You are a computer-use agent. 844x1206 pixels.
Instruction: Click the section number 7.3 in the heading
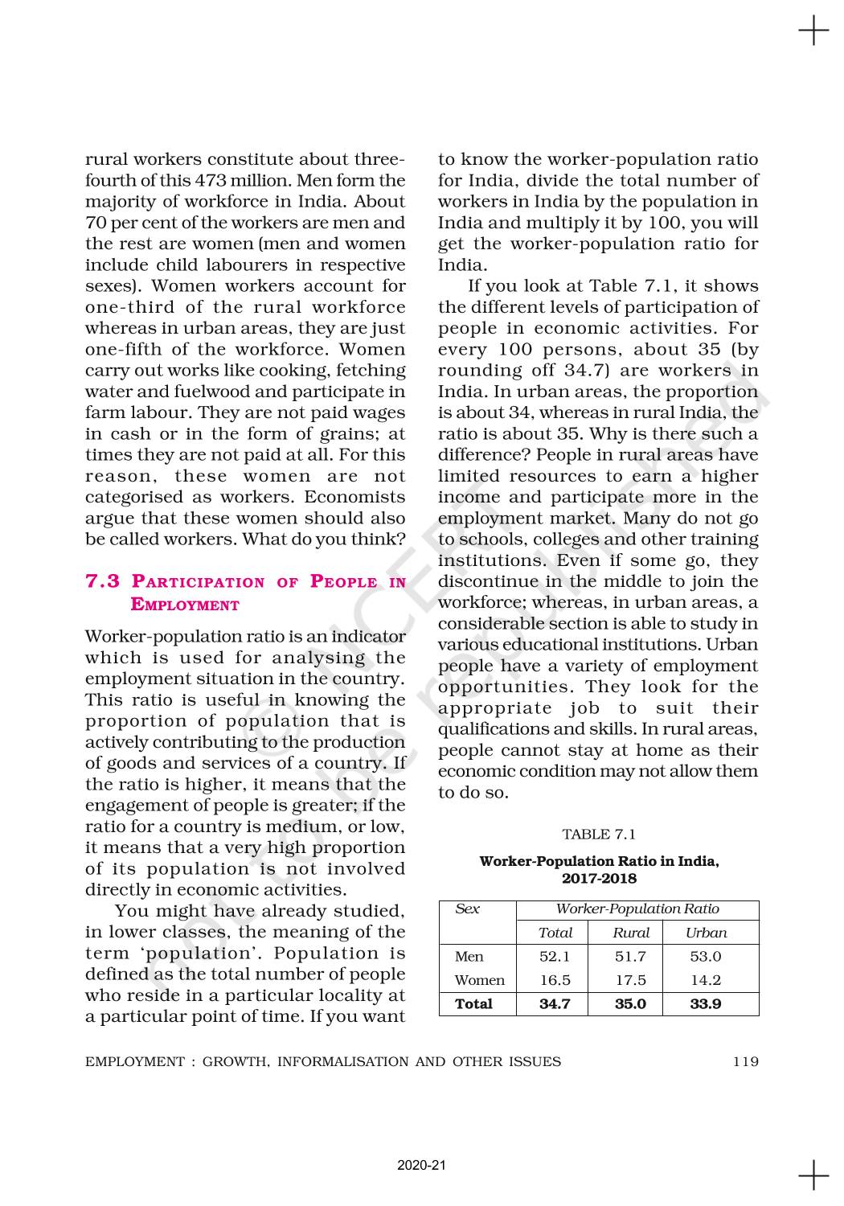pos(102,581)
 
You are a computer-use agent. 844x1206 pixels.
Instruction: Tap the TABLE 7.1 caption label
pos(599,834)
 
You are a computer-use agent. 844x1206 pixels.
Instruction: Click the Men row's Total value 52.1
pos(555,956)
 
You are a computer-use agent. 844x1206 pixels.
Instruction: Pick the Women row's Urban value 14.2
pos(706,980)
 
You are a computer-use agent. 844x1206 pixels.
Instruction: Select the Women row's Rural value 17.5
pos(630,980)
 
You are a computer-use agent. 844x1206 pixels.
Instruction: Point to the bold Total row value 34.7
pos(555,1003)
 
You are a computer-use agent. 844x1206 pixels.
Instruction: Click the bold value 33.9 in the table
pos(706,1003)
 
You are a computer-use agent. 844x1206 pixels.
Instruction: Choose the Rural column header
pos(631,933)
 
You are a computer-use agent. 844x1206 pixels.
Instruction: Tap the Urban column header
pos(706,933)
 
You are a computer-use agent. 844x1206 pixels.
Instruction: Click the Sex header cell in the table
pos(467,909)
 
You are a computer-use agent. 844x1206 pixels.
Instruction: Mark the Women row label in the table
pos(479,980)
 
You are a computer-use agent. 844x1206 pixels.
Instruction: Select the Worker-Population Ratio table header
pos(637,909)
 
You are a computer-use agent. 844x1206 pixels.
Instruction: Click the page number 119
pos(745,1061)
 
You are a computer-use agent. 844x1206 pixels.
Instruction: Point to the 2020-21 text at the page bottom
pos(421,1165)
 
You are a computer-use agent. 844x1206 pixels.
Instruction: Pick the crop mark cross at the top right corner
pos(813,32)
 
